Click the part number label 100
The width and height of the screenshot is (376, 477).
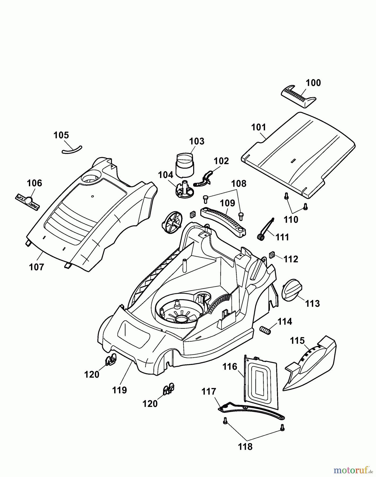click(x=313, y=83)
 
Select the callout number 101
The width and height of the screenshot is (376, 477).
click(x=258, y=127)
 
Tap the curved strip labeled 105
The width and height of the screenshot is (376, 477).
click(x=72, y=150)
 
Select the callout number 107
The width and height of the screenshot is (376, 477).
click(x=36, y=267)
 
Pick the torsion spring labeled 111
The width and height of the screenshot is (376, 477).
click(x=265, y=229)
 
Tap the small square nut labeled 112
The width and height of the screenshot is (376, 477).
click(x=271, y=255)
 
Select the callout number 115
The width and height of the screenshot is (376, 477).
click(x=297, y=341)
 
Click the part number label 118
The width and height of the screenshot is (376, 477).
click(x=245, y=447)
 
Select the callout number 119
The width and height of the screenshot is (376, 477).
click(x=120, y=390)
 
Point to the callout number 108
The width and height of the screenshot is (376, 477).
click(x=239, y=183)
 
